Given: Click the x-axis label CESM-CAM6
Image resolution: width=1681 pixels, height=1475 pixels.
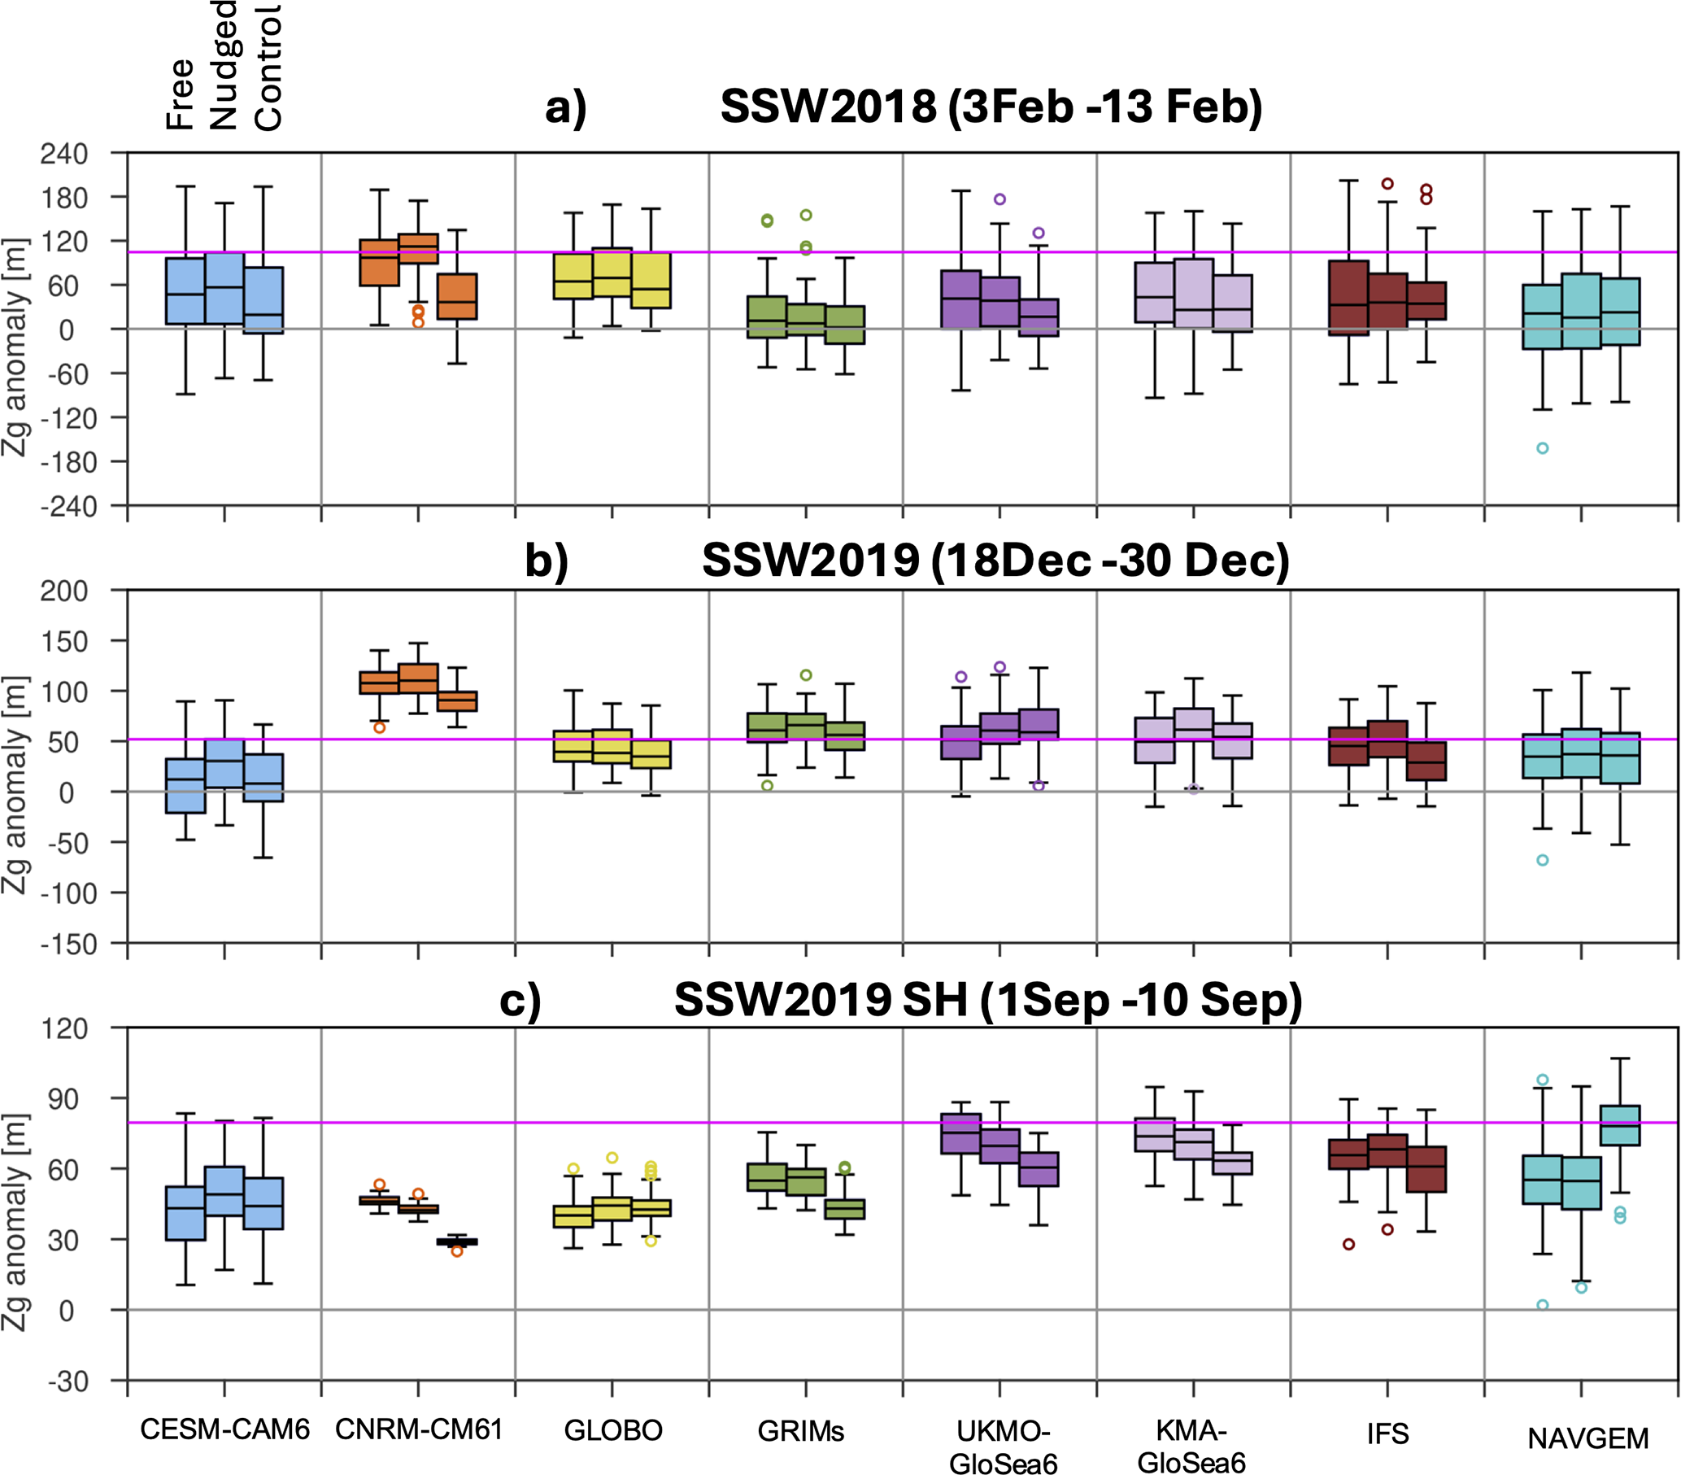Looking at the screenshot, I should pyautogui.click(x=224, y=1429).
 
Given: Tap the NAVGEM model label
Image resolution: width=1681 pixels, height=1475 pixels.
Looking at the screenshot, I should pyautogui.click(x=1588, y=1439).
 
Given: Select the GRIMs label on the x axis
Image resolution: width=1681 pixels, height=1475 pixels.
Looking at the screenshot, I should pyautogui.click(x=801, y=1431).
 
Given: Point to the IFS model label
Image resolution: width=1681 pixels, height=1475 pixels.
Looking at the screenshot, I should pyautogui.click(x=1387, y=1434).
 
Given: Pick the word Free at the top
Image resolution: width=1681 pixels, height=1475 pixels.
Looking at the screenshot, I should pyautogui.click(x=179, y=94).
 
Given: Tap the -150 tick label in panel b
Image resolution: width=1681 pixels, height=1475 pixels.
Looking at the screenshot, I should pyautogui.click(x=69, y=945).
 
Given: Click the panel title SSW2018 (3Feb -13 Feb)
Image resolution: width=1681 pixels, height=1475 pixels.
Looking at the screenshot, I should pyautogui.click(x=991, y=107).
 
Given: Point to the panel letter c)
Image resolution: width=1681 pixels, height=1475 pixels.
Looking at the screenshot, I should pyautogui.click(x=520, y=1002).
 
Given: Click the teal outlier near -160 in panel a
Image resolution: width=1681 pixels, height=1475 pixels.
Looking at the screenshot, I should pyautogui.click(x=1543, y=448).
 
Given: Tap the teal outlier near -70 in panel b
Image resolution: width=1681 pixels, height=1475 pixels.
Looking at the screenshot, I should pyautogui.click(x=1543, y=861).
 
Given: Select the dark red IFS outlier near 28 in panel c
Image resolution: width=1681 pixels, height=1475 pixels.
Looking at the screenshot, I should pyautogui.click(x=1348, y=1245).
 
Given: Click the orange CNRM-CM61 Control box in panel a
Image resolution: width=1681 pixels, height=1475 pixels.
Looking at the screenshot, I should pyautogui.click(x=457, y=296).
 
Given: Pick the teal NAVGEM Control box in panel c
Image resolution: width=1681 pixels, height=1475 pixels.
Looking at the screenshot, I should pyautogui.click(x=1620, y=1125).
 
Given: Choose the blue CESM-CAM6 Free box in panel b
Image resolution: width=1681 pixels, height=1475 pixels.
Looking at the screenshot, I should pyautogui.click(x=185, y=786).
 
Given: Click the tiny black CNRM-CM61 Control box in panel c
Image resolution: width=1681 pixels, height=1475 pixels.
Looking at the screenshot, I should pyautogui.click(x=457, y=1242).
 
